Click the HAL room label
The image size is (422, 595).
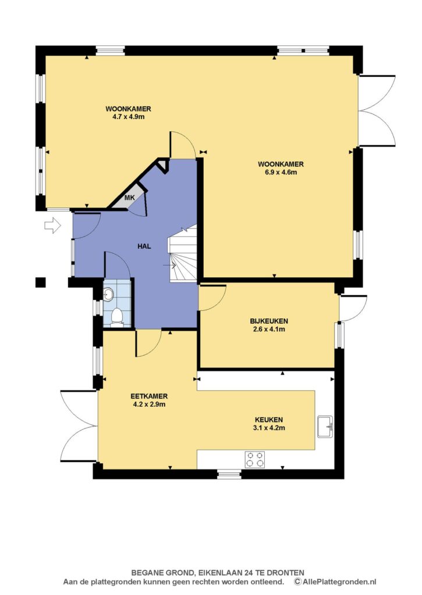pos(144,246)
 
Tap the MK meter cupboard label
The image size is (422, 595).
pos(130,198)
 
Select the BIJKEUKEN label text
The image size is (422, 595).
pos(269,321)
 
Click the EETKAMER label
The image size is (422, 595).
pos(149,396)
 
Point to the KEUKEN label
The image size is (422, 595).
pos(269,420)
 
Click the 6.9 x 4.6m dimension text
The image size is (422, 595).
pos(281,172)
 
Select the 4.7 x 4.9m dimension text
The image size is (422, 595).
pos(128,117)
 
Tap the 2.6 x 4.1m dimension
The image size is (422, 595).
pos(269,329)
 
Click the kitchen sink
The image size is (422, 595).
pos(325,427)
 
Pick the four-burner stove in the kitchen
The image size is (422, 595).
pos(255,459)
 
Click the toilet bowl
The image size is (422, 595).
pos(117,318)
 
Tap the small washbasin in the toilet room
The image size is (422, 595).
pos(108,293)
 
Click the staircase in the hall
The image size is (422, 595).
pos(183,253)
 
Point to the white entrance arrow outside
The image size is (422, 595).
pos(52,225)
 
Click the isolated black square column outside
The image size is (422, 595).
pos(41,282)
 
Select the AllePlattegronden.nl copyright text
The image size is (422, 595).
pos(335,582)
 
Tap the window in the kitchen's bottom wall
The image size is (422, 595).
pos(229,474)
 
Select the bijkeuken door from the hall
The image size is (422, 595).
pos(212,297)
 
